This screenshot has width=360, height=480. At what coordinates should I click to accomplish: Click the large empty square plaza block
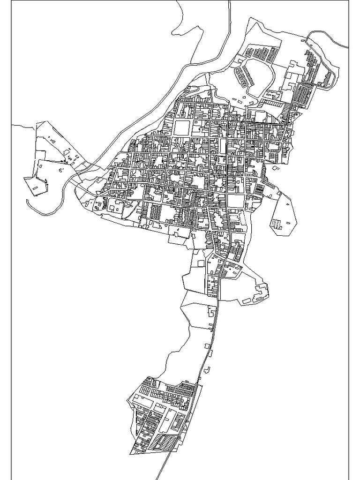click(x=182, y=127)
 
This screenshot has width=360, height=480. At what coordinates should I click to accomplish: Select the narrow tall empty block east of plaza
click(x=223, y=146)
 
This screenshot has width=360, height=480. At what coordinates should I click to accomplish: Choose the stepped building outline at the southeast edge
click(x=260, y=293)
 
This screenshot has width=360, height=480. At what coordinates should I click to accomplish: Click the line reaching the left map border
click(x=19, y=126)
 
